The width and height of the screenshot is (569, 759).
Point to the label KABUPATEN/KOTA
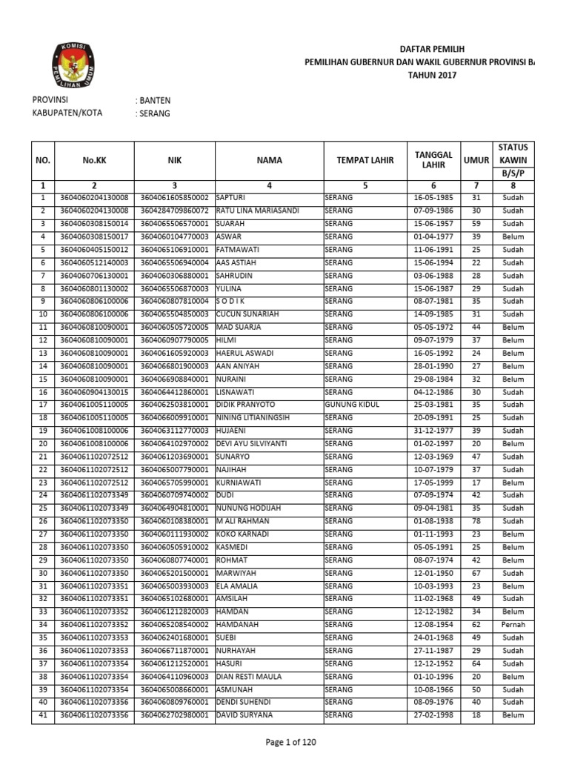point(67,113)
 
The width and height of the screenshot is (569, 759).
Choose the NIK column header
point(174,159)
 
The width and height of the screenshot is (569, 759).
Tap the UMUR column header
point(476,159)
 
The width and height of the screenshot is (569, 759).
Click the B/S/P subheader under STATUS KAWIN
point(513,173)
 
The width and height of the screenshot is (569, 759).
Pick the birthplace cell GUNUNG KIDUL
point(351,405)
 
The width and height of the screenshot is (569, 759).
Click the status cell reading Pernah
point(513,625)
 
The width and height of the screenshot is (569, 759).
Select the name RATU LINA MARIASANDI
point(257,211)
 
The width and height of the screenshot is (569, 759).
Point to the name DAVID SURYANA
point(244,715)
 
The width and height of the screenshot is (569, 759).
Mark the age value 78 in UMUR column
point(476,521)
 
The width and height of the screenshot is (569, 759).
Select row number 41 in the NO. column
point(43,715)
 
